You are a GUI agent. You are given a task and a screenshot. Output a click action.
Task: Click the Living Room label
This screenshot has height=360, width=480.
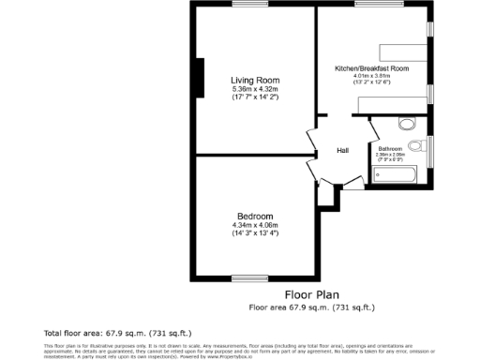(255, 80)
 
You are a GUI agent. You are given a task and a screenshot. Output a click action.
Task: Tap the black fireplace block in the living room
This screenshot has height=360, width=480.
(198, 78)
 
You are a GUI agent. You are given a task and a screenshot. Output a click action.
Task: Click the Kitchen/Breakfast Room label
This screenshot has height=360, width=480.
(372, 69)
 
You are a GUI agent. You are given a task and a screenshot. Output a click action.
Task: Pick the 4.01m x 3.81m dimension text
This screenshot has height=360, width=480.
(372, 77)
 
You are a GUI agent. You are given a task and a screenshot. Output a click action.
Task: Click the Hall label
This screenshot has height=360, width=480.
(343, 151)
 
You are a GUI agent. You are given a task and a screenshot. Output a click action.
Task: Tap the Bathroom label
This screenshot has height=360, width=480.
(390, 149)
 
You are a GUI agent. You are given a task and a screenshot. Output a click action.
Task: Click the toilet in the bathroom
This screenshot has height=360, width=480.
(407, 123)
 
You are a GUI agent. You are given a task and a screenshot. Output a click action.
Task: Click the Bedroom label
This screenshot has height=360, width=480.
(255, 215)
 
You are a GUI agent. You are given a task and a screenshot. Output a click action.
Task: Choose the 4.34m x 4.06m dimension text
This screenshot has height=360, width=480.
(255, 224)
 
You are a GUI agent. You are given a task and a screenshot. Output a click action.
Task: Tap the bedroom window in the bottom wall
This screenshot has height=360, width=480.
(247, 278)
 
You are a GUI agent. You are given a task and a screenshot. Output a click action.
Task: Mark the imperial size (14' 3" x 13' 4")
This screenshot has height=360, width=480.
(255, 232)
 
